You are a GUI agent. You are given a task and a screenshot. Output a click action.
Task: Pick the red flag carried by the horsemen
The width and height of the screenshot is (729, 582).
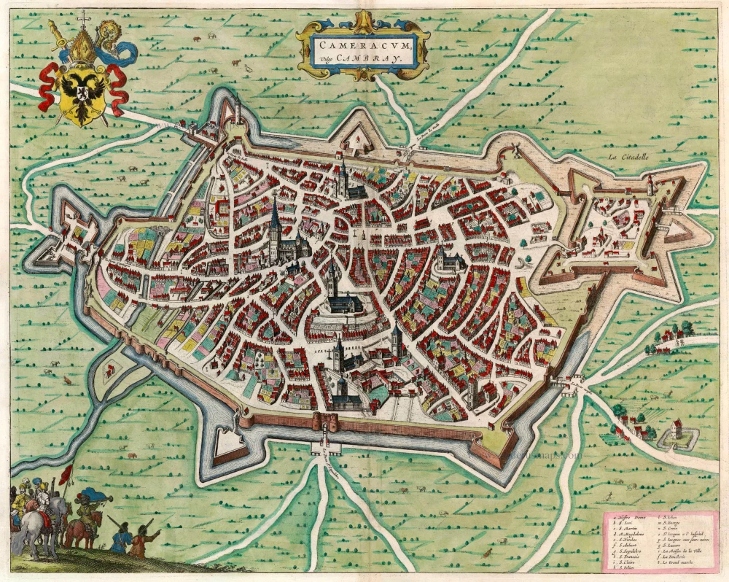(x=66, y=476)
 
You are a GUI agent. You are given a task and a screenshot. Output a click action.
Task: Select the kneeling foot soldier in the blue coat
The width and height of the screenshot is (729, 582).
(x=121, y=540)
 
